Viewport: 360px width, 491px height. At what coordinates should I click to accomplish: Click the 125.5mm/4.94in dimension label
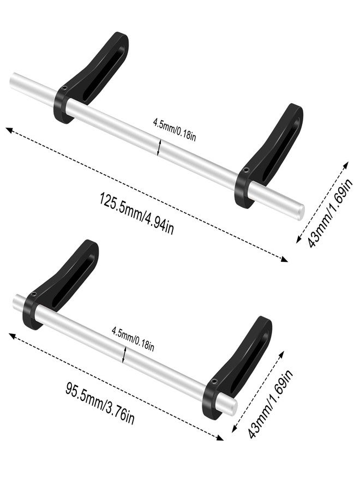click(136, 213)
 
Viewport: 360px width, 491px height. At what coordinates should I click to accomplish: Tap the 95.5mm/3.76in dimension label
click(100, 403)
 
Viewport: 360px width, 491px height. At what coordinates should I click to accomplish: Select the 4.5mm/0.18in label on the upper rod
click(175, 129)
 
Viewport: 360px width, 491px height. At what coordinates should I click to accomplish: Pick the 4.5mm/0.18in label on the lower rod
click(133, 338)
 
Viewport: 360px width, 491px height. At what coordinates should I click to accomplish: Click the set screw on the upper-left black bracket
click(64, 88)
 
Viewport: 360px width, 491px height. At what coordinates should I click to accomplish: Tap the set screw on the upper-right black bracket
click(247, 170)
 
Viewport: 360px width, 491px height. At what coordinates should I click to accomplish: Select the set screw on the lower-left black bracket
click(34, 294)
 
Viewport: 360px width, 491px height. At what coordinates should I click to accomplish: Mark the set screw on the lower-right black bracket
click(214, 382)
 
